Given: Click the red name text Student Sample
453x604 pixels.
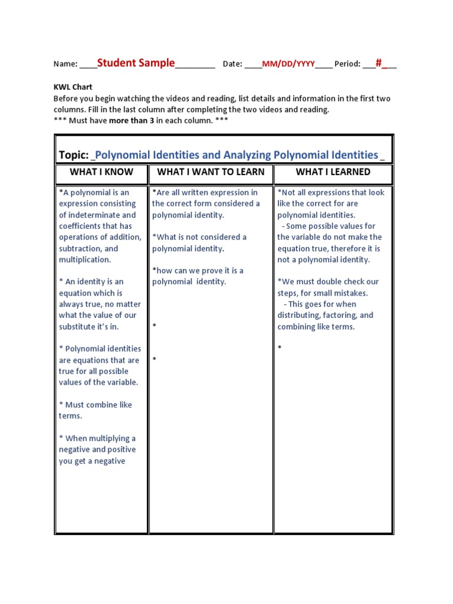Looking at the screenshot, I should click(136, 63).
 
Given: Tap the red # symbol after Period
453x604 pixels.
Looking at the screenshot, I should click(379, 63).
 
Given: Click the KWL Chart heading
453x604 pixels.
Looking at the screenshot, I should click(73, 87).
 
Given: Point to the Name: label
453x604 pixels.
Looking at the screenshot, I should click(65, 64).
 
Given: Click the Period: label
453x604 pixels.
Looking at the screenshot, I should click(347, 64).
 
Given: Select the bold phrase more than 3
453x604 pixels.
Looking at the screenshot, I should click(129, 121).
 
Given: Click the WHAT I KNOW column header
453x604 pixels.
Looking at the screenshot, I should click(101, 172).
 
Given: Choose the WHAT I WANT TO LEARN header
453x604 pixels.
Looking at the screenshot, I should click(211, 172).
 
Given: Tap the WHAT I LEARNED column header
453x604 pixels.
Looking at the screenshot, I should click(333, 172).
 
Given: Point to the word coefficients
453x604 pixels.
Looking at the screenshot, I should click(82, 226).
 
